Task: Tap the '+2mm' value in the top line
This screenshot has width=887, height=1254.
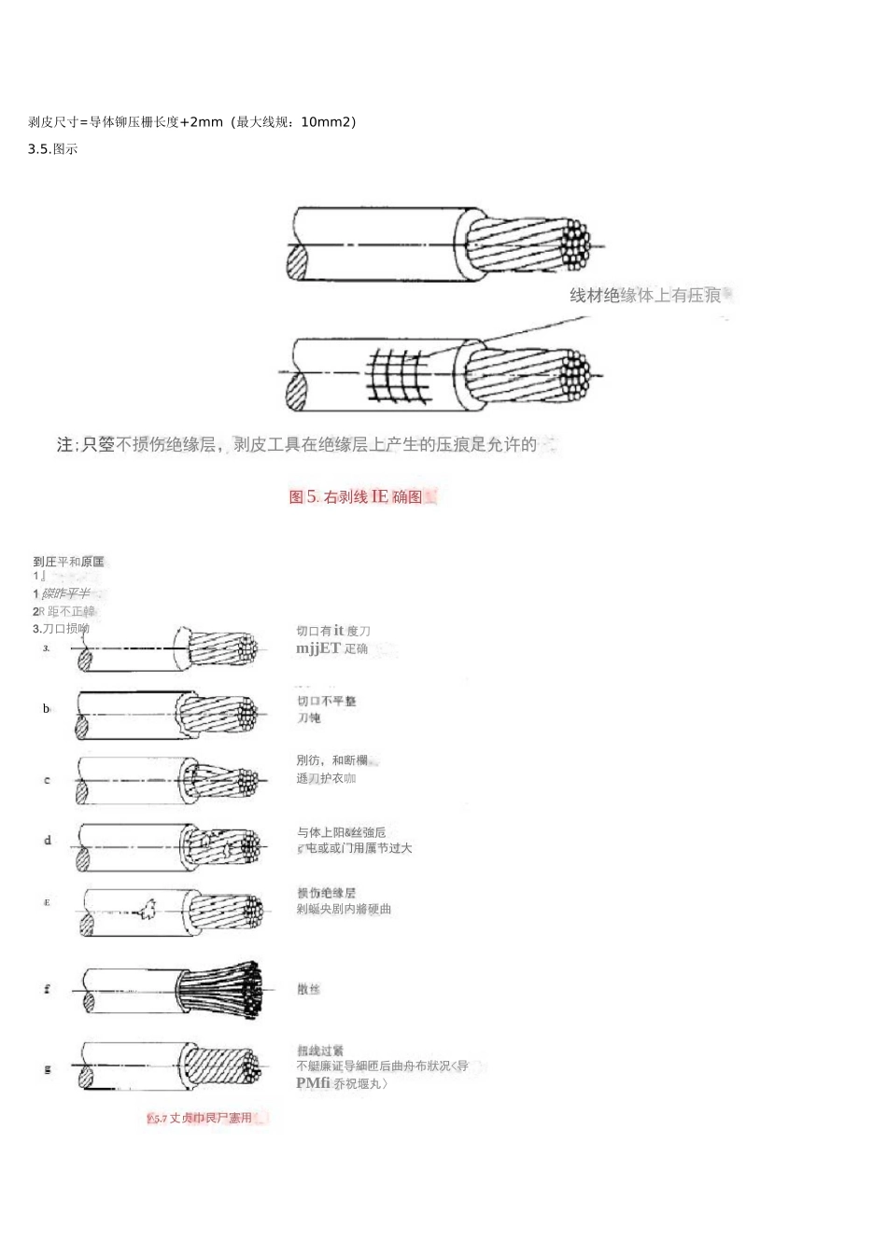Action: tap(202, 122)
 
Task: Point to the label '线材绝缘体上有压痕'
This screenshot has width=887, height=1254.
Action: tap(645, 296)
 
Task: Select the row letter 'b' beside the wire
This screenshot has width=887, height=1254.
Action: tap(46, 709)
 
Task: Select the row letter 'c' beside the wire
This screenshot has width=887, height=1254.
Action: tap(47, 780)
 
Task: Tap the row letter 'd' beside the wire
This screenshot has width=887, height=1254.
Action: tap(48, 841)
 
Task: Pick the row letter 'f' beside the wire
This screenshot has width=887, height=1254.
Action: tap(47, 989)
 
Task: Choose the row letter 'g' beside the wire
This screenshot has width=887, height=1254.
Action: tap(47, 1069)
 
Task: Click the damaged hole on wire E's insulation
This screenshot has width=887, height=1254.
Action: tap(145, 910)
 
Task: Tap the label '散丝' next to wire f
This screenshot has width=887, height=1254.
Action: tap(308, 989)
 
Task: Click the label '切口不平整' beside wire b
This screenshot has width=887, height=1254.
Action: tap(326, 702)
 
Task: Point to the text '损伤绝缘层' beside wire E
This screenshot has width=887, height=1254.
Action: tap(326, 894)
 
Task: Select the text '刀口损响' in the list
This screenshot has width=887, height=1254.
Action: tap(62, 629)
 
